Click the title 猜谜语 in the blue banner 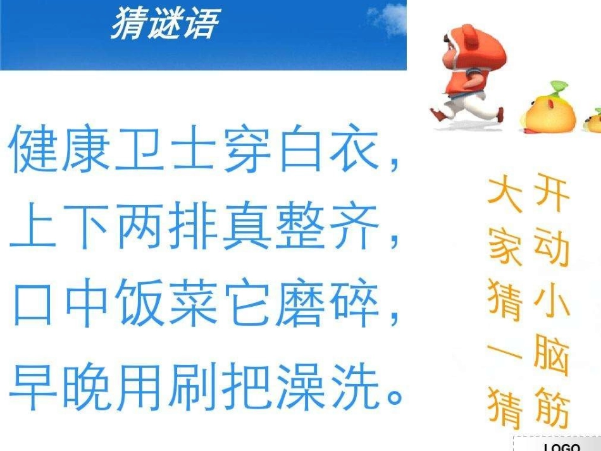pos(164,24)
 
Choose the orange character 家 pos(506,247)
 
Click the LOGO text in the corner pos(561,446)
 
